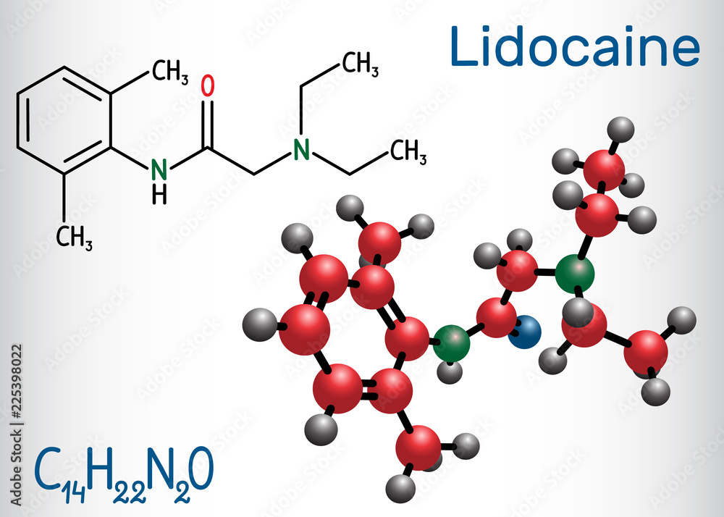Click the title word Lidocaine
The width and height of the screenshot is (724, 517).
pos(575,49)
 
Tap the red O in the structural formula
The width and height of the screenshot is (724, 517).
pos(208,85)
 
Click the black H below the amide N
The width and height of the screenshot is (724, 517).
pos(160,193)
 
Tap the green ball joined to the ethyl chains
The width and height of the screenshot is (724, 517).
pos(576,272)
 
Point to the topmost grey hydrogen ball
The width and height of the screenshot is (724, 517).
pos(622,130)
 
